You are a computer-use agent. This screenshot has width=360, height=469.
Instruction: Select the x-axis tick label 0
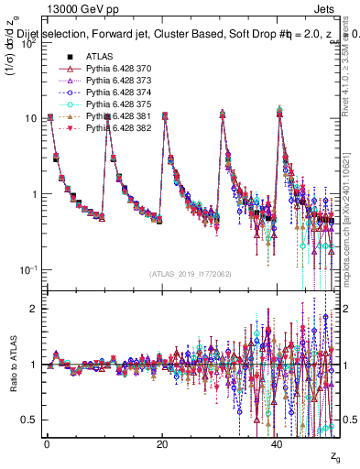tap(48, 442)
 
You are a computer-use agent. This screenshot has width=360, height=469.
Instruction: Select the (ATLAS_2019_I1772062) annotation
tap(191, 274)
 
